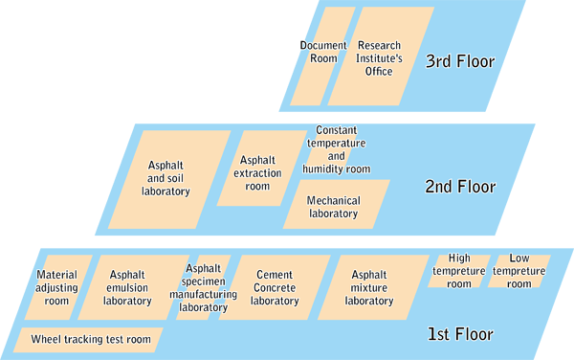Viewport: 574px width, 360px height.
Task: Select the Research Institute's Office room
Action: click(x=380, y=57)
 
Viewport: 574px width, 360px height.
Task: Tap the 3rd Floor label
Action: click(x=459, y=62)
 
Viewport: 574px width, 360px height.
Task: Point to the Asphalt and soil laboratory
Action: click(x=167, y=178)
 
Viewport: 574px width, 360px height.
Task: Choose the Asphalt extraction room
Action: click(x=257, y=173)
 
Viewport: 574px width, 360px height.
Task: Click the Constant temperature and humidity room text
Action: click(x=336, y=149)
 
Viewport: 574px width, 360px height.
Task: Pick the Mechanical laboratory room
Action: click(x=335, y=207)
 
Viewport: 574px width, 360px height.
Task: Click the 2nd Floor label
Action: click(x=459, y=187)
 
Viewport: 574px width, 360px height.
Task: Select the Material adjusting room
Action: click(x=57, y=287)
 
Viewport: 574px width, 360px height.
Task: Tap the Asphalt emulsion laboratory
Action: click(x=128, y=287)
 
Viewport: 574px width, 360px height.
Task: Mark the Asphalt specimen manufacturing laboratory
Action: click(x=203, y=287)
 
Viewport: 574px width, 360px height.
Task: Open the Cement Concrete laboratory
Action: click(x=275, y=287)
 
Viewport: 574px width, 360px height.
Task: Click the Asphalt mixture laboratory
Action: click(x=369, y=287)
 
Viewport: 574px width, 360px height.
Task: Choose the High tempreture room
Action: click(x=460, y=271)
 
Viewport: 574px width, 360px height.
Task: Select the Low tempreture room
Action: click(x=519, y=271)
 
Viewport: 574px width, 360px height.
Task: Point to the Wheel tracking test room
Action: click(x=90, y=340)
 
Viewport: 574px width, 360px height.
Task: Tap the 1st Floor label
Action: click(x=459, y=335)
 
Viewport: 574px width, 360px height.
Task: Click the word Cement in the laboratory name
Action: click(x=274, y=275)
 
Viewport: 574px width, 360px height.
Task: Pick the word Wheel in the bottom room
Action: click(x=47, y=340)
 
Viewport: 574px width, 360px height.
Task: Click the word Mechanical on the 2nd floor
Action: click(x=335, y=200)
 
